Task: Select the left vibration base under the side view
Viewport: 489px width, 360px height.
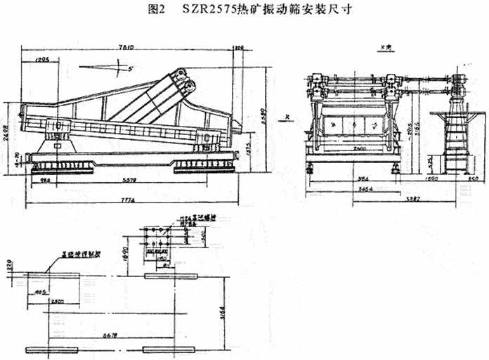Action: tap(64, 166)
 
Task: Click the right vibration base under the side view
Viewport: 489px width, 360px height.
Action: tap(203, 166)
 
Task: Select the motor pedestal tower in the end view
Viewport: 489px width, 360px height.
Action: tap(457, 137)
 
